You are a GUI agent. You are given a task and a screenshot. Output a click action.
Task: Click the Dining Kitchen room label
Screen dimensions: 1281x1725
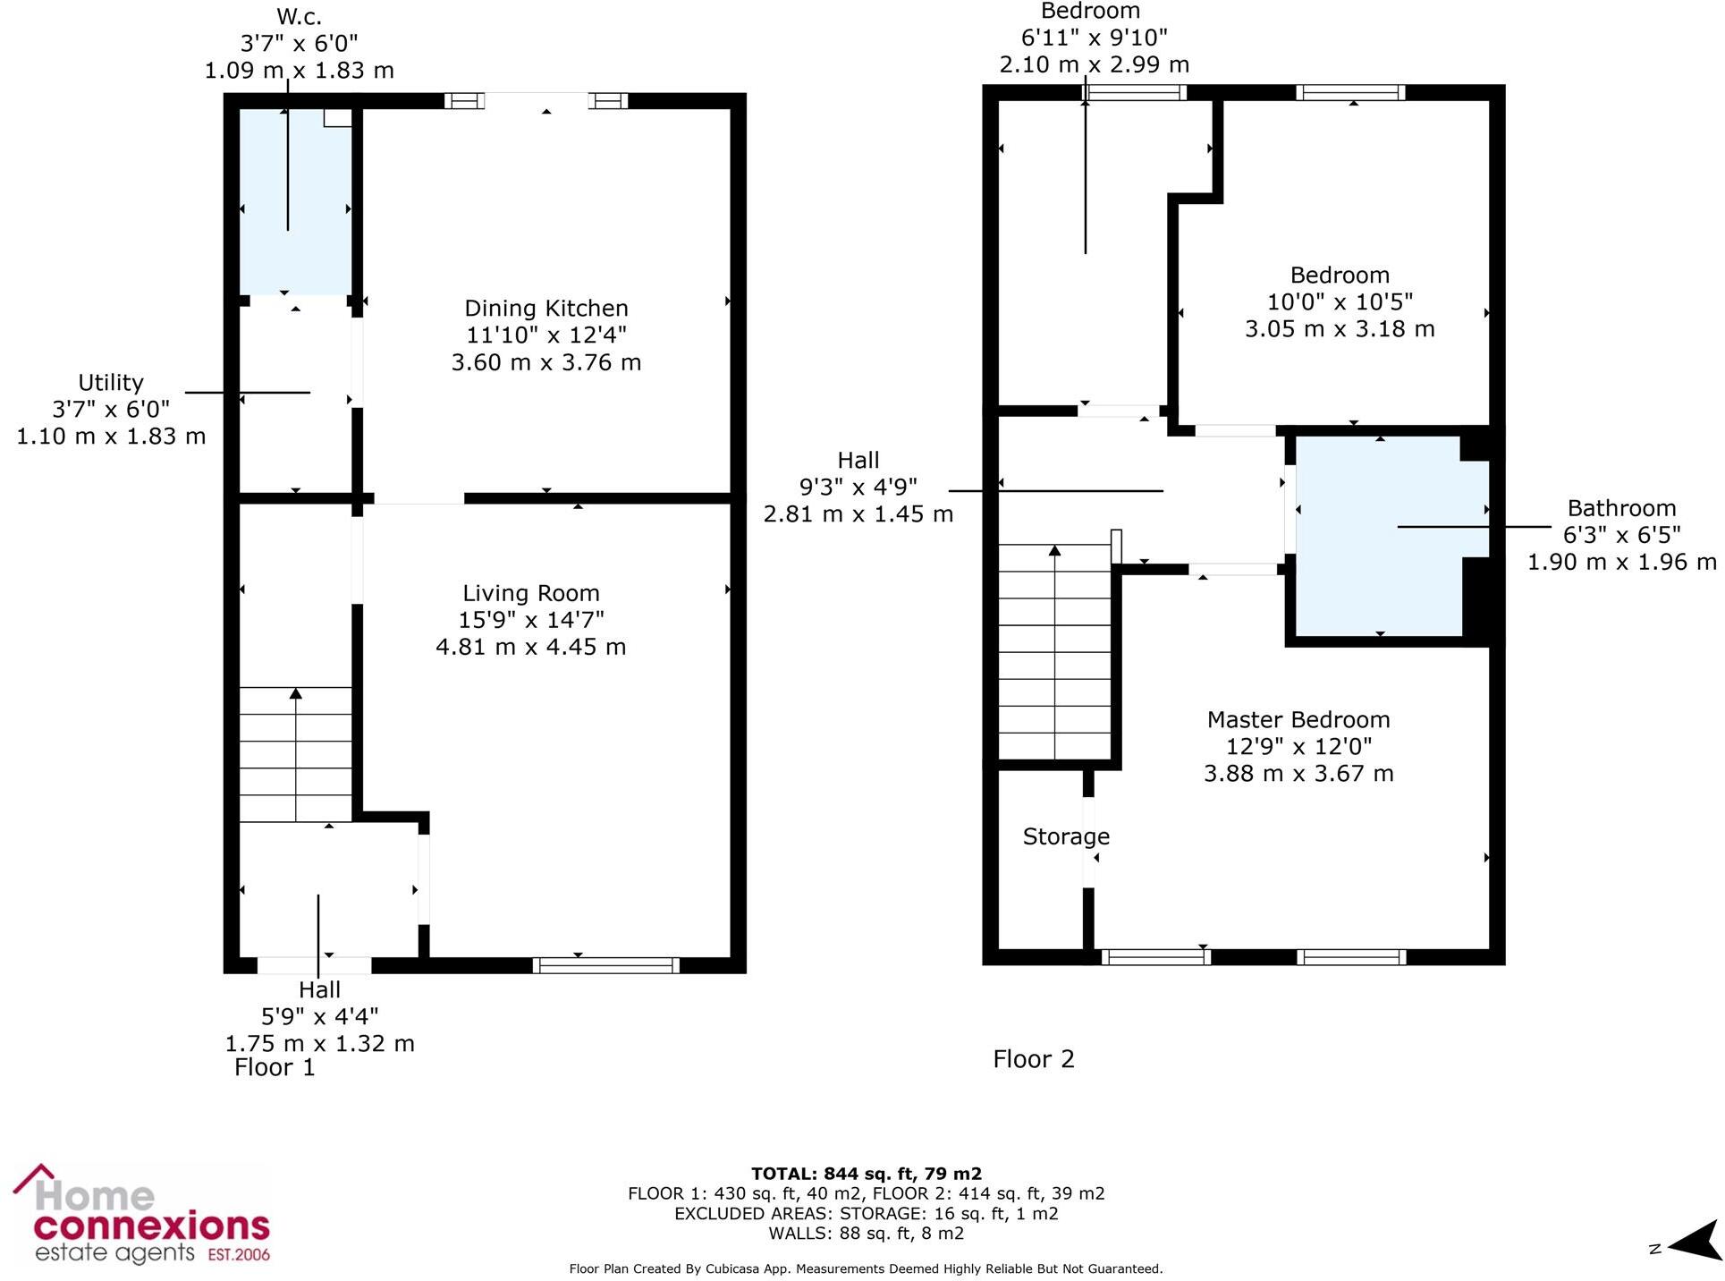(545, 309)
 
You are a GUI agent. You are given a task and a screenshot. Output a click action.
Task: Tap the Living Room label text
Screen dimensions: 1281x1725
(530, 593)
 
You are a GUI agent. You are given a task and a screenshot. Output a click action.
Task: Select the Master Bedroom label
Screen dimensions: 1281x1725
(1298, 720)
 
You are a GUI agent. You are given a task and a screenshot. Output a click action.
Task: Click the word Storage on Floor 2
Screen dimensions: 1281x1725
(1066, 836)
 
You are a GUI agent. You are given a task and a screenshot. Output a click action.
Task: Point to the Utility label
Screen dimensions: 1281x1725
(111, 383)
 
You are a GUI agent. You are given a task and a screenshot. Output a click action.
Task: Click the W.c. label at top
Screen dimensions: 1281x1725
(299, 17)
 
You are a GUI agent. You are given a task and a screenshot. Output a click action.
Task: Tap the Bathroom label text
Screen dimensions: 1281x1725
(1621, 508)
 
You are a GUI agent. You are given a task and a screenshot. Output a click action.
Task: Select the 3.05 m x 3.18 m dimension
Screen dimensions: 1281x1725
(1340, 329)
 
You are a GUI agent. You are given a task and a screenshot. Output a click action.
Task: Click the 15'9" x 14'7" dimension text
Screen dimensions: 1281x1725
(530, 620)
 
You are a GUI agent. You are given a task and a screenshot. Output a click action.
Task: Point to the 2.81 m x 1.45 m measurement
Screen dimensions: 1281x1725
(858, 514)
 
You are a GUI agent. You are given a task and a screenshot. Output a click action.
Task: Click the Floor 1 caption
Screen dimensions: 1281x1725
(275, 1067)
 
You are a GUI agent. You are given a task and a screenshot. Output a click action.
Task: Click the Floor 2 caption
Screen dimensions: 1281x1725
(1033, 1059)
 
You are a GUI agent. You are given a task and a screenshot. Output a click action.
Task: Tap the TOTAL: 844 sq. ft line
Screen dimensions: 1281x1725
(866, 1174)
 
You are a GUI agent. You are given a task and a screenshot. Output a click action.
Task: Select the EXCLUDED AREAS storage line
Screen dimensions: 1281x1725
(866, 1214)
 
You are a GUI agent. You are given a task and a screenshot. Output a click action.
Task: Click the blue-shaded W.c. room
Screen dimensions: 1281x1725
(295, 201)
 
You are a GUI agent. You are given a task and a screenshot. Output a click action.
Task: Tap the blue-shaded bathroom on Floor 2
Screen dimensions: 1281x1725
(1382, 537)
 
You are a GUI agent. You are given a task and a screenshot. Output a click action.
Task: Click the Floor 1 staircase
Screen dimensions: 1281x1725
(295, 754)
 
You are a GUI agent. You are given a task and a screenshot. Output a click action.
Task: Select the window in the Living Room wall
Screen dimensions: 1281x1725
(605, 965)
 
